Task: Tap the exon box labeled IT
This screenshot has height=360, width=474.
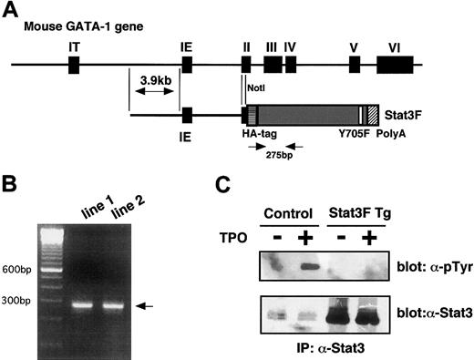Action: coord(74,65)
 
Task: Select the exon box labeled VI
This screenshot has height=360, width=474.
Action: coord(395,65)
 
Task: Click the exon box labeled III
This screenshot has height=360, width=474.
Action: coord(272,65)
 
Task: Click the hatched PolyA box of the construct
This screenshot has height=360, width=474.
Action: coord(373,115)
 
